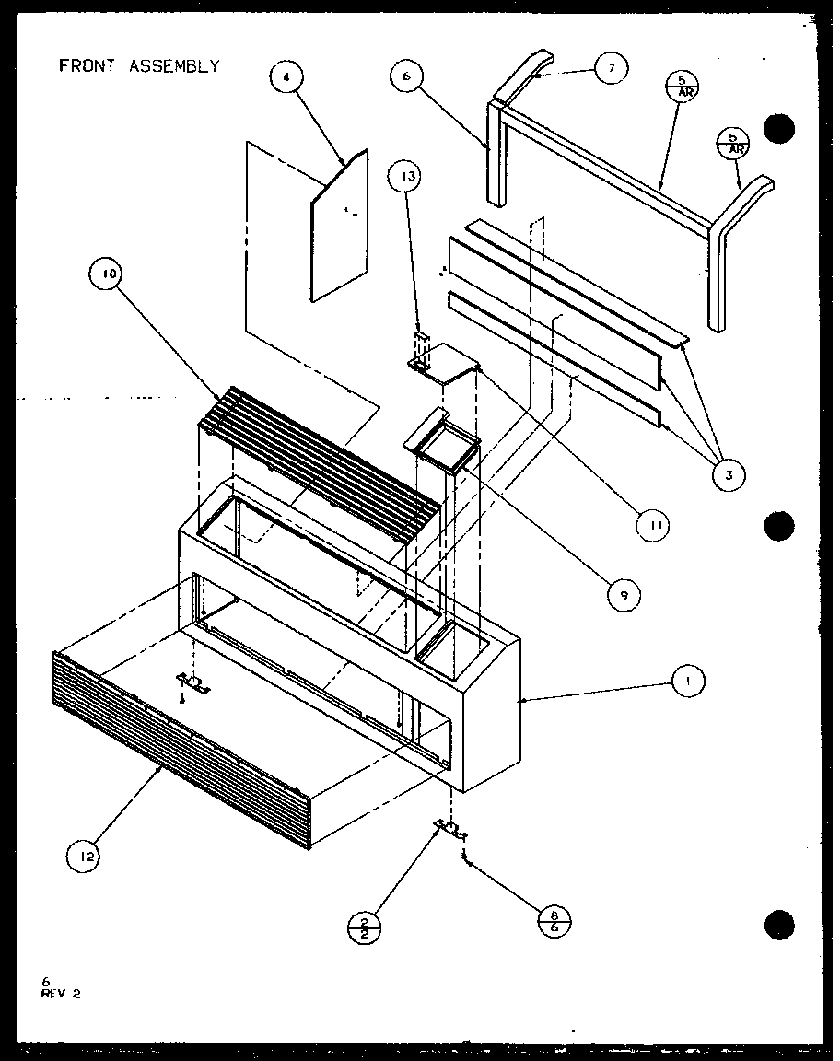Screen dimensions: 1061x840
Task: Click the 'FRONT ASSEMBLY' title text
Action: [139, 66]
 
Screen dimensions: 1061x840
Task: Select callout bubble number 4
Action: [286, 79]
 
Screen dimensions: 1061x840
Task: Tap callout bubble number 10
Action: [106, 274]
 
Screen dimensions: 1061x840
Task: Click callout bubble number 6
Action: [406, 78]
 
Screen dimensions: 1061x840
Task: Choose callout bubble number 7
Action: [612, 68]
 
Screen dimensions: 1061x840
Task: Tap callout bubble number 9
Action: [624, 595]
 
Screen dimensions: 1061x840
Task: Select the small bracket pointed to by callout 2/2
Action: [450, 829]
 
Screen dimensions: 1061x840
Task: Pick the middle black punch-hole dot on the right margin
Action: [779, 526]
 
